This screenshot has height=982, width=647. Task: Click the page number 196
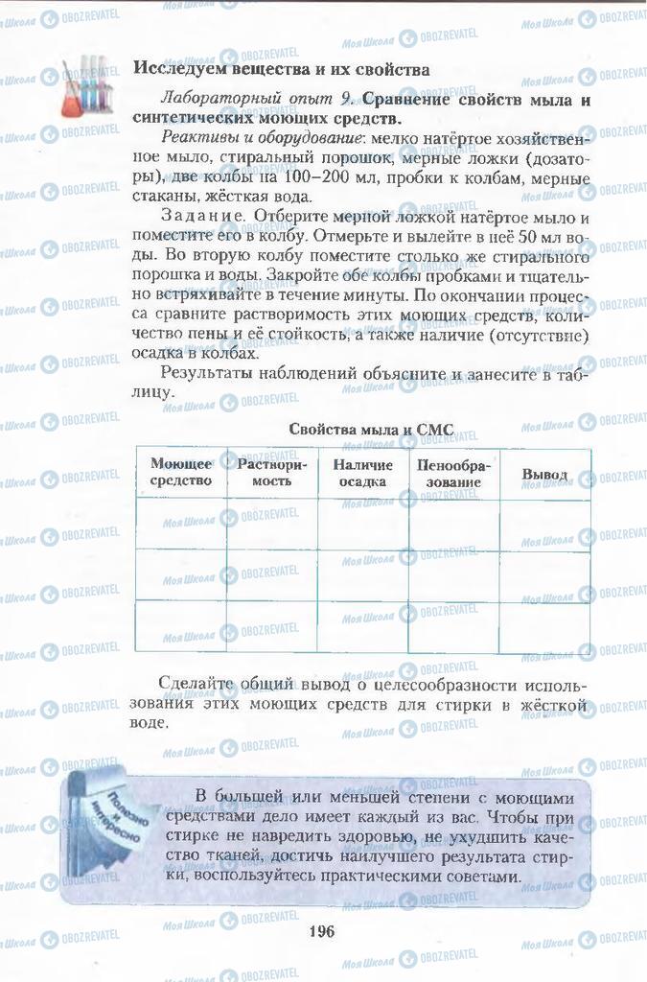click(320, 928)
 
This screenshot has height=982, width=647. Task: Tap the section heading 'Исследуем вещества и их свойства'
click(281, 69)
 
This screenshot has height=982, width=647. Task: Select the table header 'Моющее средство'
click(181, 472)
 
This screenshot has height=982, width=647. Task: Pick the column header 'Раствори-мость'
click(272, 472)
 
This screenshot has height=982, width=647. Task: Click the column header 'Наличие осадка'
click(363, 473)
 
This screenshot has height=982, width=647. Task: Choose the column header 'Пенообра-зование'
click(454, 473)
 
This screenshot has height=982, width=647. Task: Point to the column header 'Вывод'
click(544, 474)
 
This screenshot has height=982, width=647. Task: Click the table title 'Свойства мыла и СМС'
click(371, 429)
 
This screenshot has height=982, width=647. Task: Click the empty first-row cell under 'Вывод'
click(544, 524)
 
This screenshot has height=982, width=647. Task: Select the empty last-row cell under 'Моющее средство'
click(181, 625)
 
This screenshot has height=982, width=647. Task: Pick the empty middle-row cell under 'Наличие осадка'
click(363, 574)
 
